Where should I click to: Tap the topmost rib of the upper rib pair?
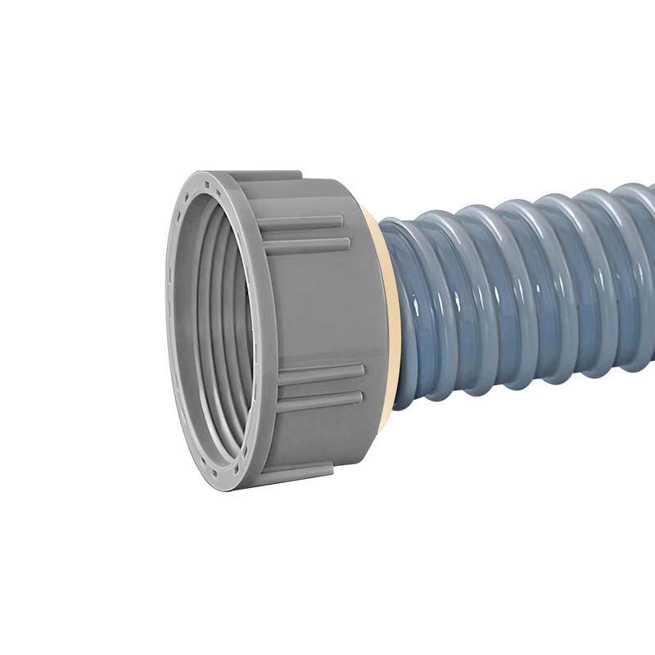(x=303, y=222)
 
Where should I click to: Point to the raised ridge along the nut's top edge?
(x=254, y=174)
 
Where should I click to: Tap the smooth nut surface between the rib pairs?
(x=319, y=307)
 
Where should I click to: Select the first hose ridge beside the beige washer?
(x=413, y=311)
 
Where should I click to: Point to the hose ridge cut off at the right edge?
(x=643, y=270)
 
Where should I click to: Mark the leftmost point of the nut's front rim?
(x=167, y=327)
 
